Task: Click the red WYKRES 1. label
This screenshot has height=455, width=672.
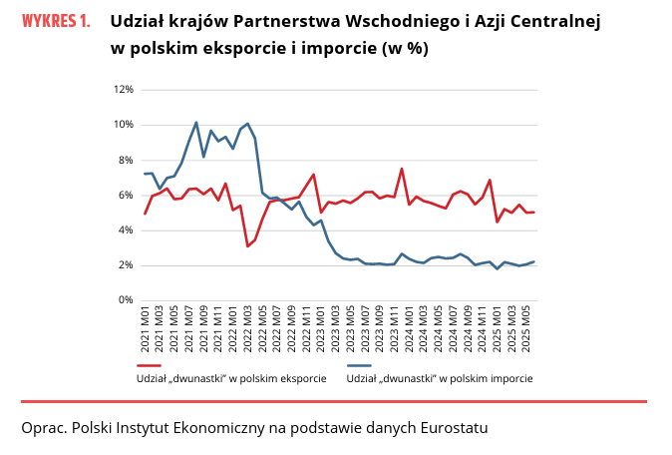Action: (x=57, y=21)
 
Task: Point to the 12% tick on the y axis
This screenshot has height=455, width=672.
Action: (x=125, y=90)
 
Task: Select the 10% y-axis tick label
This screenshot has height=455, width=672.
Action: (x=125, y=125)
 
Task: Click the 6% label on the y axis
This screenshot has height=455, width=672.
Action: (x=127, y=195)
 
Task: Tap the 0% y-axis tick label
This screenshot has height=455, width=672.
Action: (x=127, y=300)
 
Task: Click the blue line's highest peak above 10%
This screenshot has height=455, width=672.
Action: (x=196, y=123)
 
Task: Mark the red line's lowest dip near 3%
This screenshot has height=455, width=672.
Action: (x=247, y=245)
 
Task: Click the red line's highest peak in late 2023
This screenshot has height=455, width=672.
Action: (x=402, y=169)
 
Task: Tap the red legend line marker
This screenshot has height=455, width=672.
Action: (x=148, y=365)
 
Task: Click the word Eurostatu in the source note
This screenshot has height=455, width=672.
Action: (x=454, y=428)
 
